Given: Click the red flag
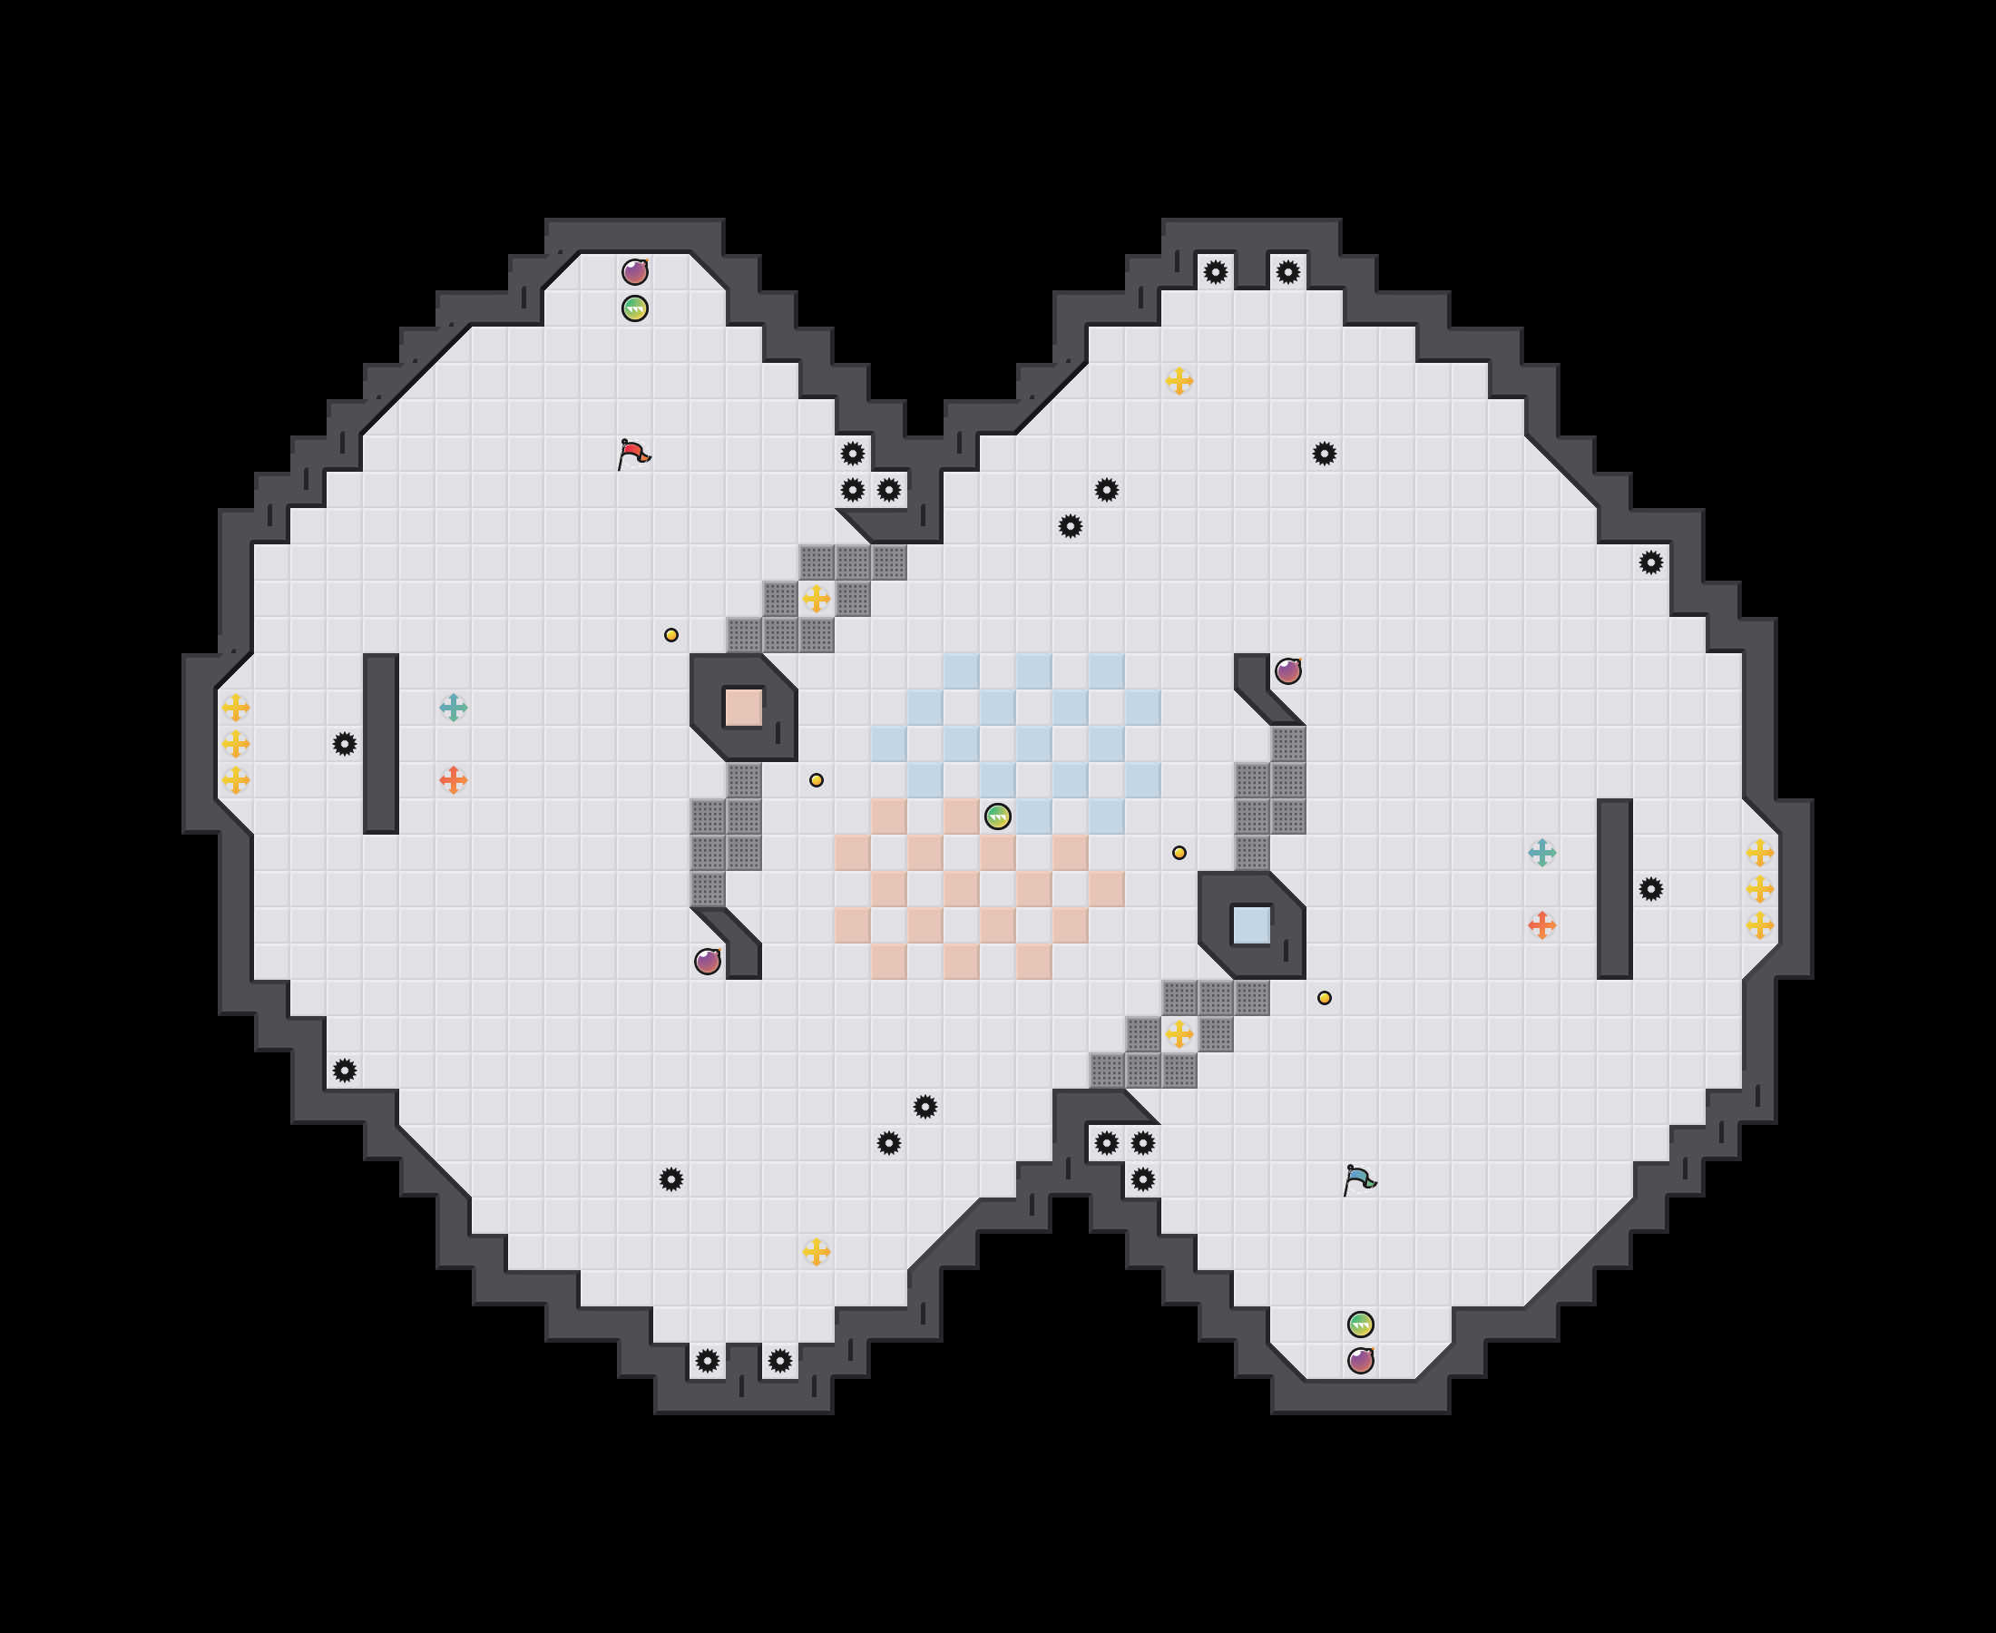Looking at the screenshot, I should click(x=634, y=455).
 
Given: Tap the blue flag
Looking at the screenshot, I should click(x=1359, y=1179).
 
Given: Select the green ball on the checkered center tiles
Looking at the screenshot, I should click(x=997, y=816).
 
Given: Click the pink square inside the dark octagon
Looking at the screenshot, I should click(x=743, y=708).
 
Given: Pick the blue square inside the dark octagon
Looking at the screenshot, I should click(x=1251, y=924).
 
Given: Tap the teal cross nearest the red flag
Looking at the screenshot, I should click(x=454, y=708).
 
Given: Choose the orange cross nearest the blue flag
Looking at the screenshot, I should click(x=1541, y=924).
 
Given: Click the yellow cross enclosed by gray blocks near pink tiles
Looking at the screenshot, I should click(x=1179, y=1035).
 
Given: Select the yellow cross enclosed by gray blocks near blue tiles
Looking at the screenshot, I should click(x=817, y=598).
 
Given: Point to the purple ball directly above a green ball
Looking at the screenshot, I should click(x=635, y=272).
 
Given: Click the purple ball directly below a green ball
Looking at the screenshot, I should click(x=1360, y=1360).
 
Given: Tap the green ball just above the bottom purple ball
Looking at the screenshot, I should click(x=1360, y=1325).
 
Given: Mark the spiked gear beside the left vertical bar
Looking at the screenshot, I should click(x=344, y=744).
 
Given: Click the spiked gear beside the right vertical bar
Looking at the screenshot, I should click(x=1651, y=889).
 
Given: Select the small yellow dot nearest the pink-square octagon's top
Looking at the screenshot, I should click(x=670, y=635).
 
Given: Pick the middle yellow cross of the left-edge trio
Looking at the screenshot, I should click(x=235, y=744).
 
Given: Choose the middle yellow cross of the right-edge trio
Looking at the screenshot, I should click(x=1760, y=889).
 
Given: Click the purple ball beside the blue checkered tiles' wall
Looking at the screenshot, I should click(x=1287, y=670).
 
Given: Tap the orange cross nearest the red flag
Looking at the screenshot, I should click(x=454, y=780).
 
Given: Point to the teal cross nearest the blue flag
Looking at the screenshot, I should click(x=1541, y=852).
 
